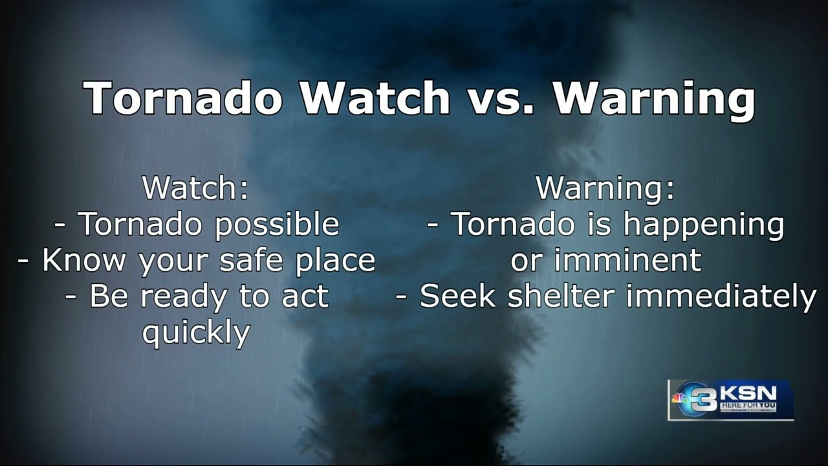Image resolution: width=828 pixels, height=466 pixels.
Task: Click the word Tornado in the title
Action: [182, 98]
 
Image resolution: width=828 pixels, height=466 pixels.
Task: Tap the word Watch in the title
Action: [375, 98]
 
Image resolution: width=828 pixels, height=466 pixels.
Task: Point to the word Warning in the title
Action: [653, 98]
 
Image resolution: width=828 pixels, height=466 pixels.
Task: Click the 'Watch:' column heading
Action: [195, 188]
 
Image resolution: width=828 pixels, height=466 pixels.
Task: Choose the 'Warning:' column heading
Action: [605, 188]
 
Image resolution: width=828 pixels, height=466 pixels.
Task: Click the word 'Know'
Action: [83, 260]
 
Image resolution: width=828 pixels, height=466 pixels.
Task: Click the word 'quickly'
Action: [195, 333]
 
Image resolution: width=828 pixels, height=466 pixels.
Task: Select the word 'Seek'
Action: [459, 296]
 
